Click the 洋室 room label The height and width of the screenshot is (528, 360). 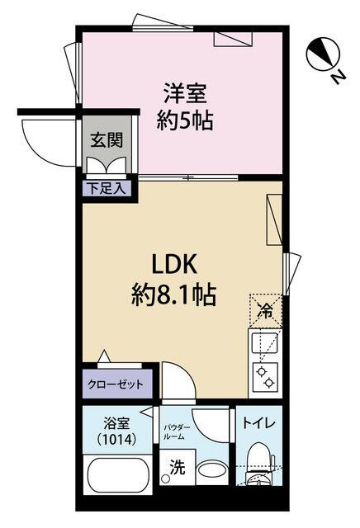tap(185, 93)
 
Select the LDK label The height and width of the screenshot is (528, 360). tap(174, 264)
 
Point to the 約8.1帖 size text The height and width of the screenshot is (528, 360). tap(173, 295)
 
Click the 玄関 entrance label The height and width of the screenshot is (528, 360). tap(107, 139)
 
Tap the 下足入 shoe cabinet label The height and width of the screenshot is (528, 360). tap(107, 189)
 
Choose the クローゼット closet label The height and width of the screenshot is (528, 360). tap(116, 384)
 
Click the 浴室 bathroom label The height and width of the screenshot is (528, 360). tap(116, 424)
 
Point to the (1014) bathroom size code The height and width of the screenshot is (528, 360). tap(116, 439)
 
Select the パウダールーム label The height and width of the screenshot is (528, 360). tap(177, 432)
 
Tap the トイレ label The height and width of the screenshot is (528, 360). tap(259, 423)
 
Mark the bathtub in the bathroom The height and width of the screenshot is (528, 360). tap(117, 475)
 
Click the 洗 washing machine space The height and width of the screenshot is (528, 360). tap(177, 467)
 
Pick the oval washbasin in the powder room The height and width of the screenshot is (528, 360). tap(211, 470)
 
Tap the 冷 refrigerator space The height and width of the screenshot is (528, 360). tap(265, 311)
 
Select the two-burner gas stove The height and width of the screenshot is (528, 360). tap(265, 377)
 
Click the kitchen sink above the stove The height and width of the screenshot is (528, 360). tap(265, 343)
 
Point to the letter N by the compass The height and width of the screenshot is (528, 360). tap(338, 77)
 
